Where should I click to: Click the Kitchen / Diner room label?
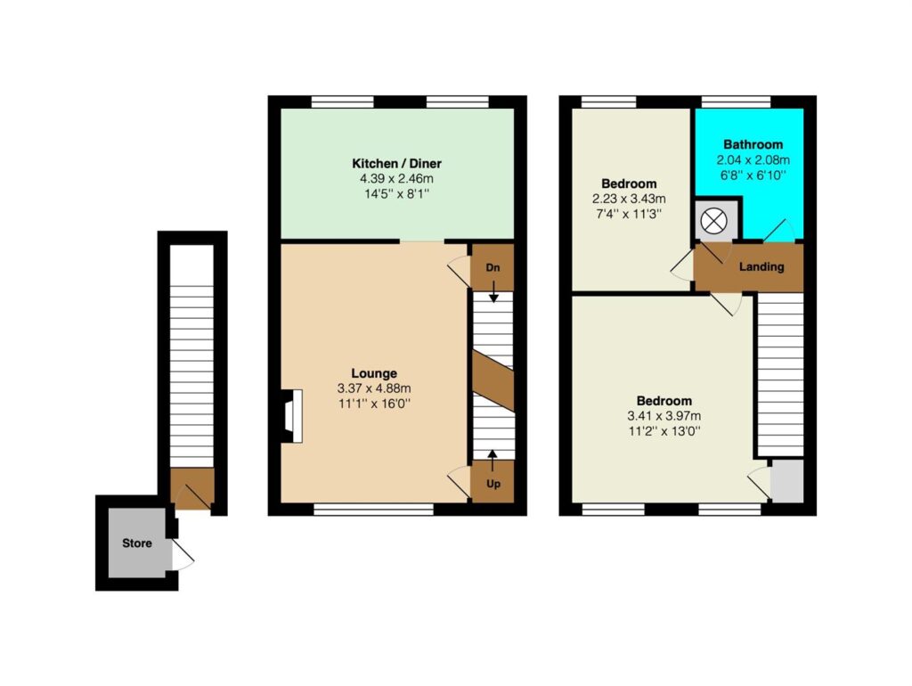pos(396,164)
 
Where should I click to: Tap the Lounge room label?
pos(374,373)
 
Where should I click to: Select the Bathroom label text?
pos(753,144)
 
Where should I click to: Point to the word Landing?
pos(761,267)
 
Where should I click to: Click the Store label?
pos(136,543)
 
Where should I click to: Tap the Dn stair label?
pos(493,268)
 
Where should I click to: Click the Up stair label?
pos(493,484)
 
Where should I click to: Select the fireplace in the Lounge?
pos(292,417)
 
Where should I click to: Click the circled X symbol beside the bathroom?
pos(713,221)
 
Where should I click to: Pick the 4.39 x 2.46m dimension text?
pos(396,179)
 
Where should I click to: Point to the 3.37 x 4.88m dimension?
pos(374,388)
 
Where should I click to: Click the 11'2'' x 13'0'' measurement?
pos(664,431)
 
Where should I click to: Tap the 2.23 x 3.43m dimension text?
pos(629,199)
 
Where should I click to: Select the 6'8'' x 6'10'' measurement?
pos(753,176)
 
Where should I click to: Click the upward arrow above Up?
pos(493,461)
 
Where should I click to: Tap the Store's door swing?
pos(183,555)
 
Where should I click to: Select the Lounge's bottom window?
pos(373,510)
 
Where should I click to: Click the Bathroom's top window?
pos(736,102)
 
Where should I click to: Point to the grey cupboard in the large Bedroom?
pos(786,481)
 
